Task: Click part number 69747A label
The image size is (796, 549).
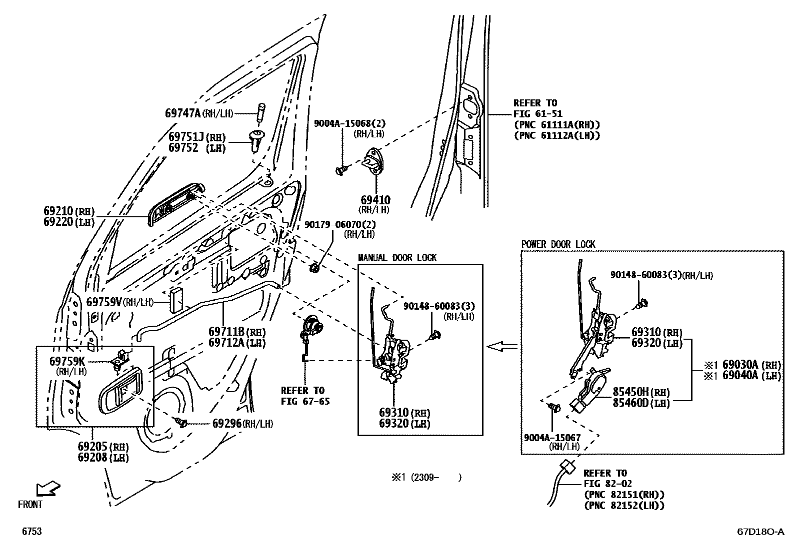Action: pyautogui.click(x=182, y=113)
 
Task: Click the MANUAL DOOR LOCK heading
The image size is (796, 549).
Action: pyautogui.click(x=397, y=258)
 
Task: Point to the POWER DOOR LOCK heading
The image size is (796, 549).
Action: pyautogui.click(x=558, y=244)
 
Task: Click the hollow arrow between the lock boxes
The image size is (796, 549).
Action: pyautogui.click(x=501, y=346)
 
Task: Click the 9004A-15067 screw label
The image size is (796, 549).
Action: pyautogui.click(x=552, y=438)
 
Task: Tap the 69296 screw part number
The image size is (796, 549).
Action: pyautogui.click(x=227, y=423)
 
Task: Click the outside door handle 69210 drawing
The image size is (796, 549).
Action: pyautogui.click(x=175, y=205)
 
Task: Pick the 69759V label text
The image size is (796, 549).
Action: pyautogui.click(x=104, y=302)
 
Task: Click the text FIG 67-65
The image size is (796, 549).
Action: pyautogui.click(x=305, y=401)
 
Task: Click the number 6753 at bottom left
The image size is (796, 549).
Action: pyautogui.click(x=31, y=532)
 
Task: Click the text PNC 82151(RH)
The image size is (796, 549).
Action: pyautogui.click(x=624, y=495)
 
